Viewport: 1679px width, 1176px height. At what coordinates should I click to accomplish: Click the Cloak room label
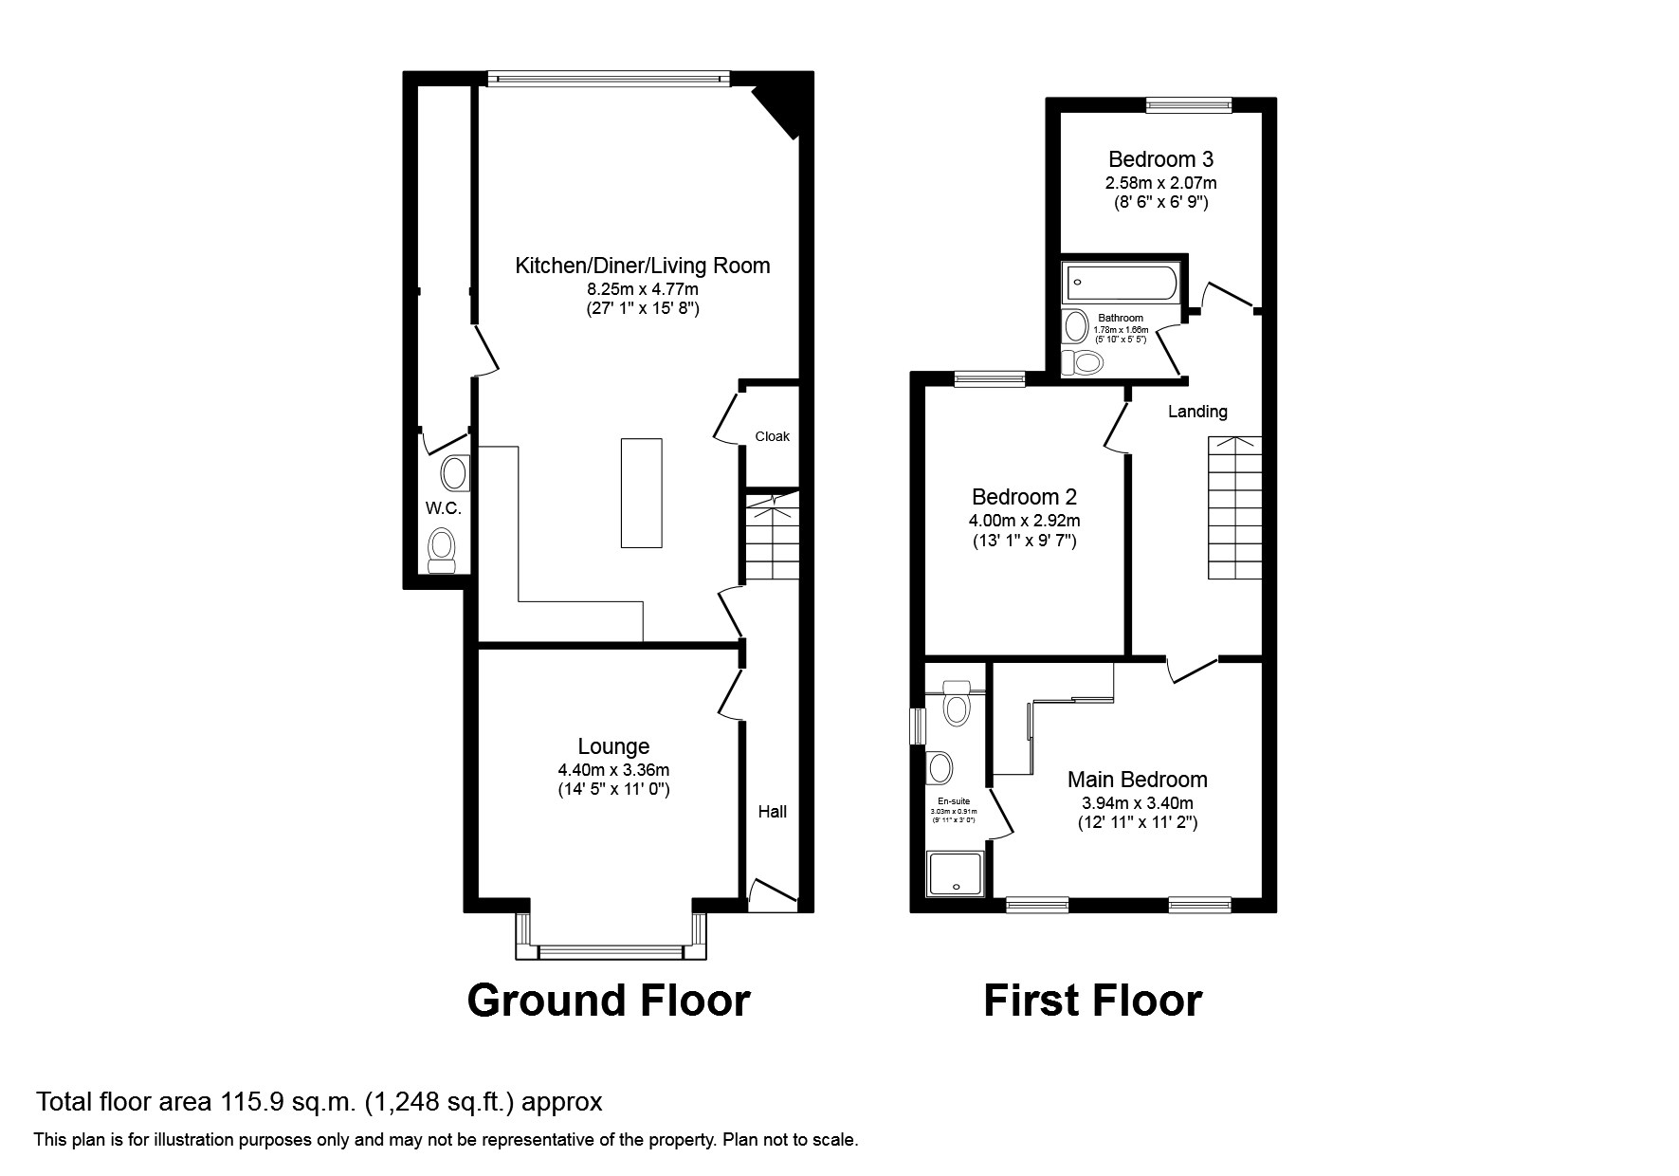(x=772, y=436)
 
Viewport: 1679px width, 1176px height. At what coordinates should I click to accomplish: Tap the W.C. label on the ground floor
(x=443, y=508)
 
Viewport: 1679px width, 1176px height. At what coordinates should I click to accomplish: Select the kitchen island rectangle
(x=642, y=492)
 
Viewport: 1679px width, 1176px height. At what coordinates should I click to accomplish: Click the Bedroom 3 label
(x=1160, y=159)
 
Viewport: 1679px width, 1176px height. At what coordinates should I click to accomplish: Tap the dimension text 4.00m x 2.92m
(x=1024, y=521)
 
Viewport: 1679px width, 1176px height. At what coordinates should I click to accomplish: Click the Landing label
(x=1197, y=412)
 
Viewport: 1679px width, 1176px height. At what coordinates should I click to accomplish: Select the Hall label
(x=772, y=812)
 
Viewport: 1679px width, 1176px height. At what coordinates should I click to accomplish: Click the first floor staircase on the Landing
(x=1234, y=509)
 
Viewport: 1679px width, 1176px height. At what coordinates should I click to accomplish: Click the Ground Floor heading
(x=609, y=1001)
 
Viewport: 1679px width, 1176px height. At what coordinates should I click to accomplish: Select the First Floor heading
(x=1092, y=1001)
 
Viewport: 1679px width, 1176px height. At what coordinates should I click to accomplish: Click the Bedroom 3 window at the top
(x=1188, y=105)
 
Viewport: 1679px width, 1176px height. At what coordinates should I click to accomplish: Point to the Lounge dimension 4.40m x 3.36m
(x=613, y=770)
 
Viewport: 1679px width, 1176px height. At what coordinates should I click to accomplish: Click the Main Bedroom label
(x=1137, y=780)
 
